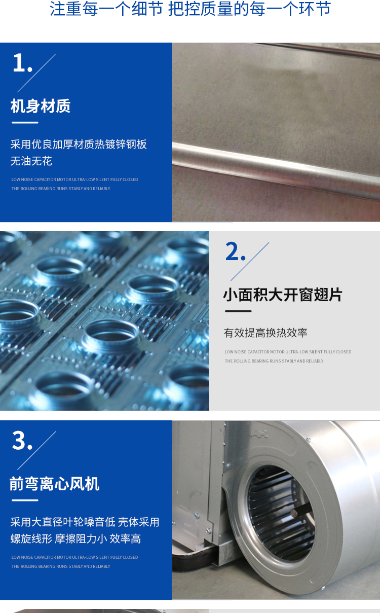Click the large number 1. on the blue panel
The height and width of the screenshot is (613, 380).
[x=23, y=63]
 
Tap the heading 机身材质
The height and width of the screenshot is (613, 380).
[x=41, y=106]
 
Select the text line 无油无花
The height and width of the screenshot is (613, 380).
[x=31, y=161]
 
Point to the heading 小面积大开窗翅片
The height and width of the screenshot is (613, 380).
[x=283, y=295]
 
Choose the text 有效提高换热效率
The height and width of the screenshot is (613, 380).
[x=265, y=333]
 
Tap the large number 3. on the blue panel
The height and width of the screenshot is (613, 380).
[x=22, y=441]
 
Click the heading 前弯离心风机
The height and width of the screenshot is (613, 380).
[x=55, y=484]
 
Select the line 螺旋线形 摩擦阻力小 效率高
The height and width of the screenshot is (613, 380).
[x=75, y=538]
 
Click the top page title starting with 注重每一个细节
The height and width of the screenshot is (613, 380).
[x=191, y=9]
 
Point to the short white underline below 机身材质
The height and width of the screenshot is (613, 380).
[x=25, y=123]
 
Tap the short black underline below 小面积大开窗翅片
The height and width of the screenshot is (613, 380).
[x=238, y=311]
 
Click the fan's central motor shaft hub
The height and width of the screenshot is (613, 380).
[x=294, y=513]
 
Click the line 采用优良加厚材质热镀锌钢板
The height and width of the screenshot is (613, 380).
[x=79, y=144]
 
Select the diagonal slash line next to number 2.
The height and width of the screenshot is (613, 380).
[x=250, y=261]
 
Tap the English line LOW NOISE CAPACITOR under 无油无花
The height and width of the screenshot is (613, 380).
[x=74, y=179]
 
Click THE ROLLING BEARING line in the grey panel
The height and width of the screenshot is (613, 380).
[x=274, y=361]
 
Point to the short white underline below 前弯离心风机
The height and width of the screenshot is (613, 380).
[x=25, y=500]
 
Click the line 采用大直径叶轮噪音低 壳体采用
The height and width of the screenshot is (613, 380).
[x=85, y=522]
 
